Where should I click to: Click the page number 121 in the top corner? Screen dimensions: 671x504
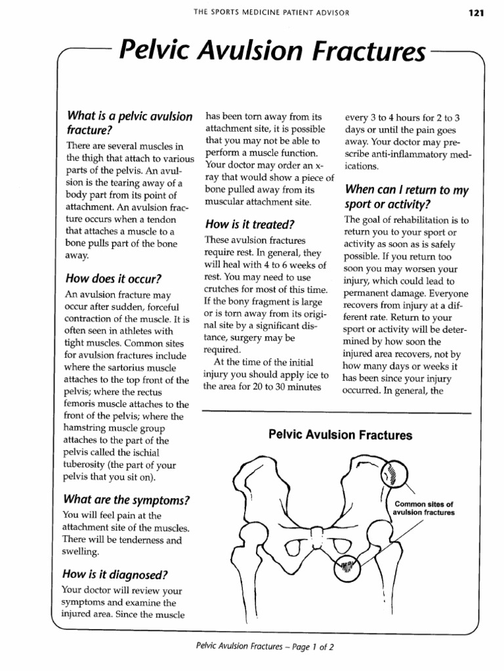(476, 13)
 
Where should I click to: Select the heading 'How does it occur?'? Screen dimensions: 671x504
(114, 277)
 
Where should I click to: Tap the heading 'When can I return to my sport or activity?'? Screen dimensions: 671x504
(407, 197)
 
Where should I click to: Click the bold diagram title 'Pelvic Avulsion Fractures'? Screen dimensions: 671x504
(340, 435)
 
